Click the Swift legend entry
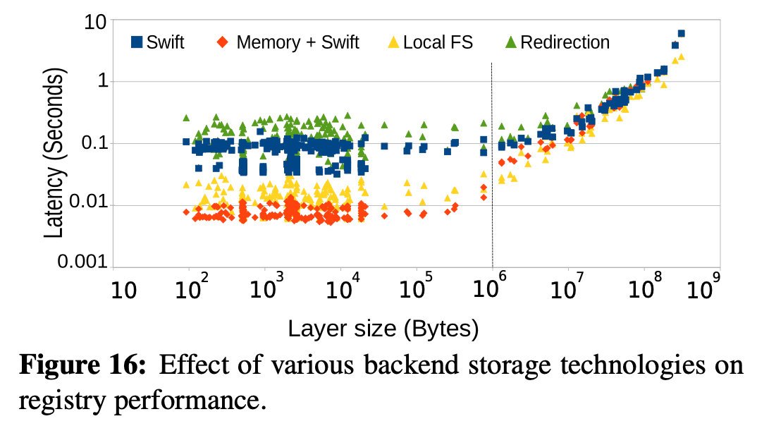point(158,42)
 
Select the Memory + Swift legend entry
point(288,42)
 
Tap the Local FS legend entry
point(431,42)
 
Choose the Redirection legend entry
point(557,42)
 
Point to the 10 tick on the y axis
point(95,22)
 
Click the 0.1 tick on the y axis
point(94,143)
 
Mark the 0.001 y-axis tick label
point(82,261)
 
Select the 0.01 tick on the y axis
point(88,202)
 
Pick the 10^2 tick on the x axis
point(192,288)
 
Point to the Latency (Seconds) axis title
point(54,152)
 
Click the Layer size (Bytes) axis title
point(383,329)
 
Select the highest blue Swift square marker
point(681,33)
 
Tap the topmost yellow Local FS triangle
point(681,56)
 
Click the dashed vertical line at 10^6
point(492,165)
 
